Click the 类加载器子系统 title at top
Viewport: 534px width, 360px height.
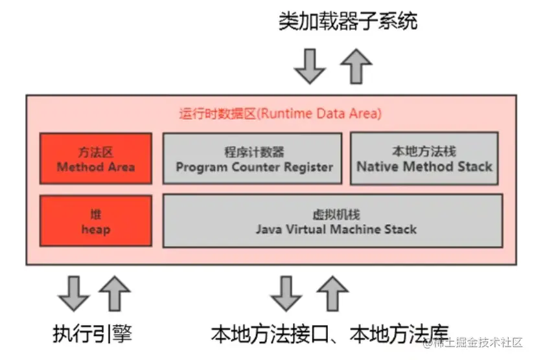pyautogui.click(x=347, y=21)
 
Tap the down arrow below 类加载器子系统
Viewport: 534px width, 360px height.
pyautogui.click(x=310, y=65)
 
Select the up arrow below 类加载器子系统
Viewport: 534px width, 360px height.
pyautogui.click(x=355, y=65)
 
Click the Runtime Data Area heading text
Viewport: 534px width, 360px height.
pyautogui.click(x=280, y=114)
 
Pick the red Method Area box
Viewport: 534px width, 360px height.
pyautogui.click(x=96, y=159)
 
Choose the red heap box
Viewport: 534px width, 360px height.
pyautogui.click(x=96, y=221)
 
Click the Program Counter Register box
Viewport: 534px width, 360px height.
pyautogui.click(x=252, y=159)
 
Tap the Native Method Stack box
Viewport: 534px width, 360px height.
pyautogui.click(x=424, y=159)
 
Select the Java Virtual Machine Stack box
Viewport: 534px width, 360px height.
pyautogui.click(x=332, y=221)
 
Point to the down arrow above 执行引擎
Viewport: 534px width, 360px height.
pyautogui.click(x=73, y=293)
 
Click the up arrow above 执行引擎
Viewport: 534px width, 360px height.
pyautogui.click(x=115, y=293)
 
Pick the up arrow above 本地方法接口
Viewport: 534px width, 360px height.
pyautogui.click(x=332, y=293)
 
